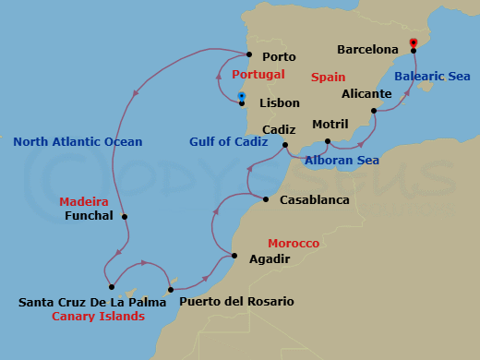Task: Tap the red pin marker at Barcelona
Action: [x=413, y=42]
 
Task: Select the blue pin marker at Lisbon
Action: [x=241, y=96]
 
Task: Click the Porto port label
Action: [x=279, y=56]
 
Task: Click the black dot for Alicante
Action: [x=374, y=112]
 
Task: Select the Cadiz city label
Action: [x=279, y=130]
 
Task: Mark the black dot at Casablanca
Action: [x=266, y=199]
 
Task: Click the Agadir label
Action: [x=270, y=259]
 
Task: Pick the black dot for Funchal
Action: [x=125, y=217]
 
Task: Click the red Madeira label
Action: [x=84, y=201]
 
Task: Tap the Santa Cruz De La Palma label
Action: [x=81, y=302]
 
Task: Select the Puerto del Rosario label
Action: [x=236, y=302]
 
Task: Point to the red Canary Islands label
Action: [x=98, y=317]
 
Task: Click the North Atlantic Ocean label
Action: [x=78, y=142]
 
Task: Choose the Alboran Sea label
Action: [x=342, y=160]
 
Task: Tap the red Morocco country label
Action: [x=294, y=243]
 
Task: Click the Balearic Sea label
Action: [x=432, y=76]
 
